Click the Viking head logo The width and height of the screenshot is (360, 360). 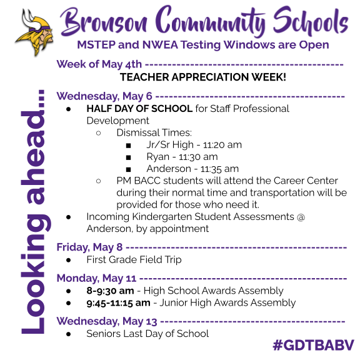click(x=34, y=32)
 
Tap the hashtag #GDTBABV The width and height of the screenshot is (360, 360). click(x=314, y=345)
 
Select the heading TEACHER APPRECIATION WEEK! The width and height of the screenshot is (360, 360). click(x=203, y=77)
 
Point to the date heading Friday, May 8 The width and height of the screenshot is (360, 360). click(x=89, y=247)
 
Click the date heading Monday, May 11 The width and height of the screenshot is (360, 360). click(x=96, y=278)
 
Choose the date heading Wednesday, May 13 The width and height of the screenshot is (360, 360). click(x=107, y=321)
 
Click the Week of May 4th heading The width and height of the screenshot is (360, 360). click(x=99, y=64)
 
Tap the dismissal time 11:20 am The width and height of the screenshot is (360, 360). click(x=222, y=145)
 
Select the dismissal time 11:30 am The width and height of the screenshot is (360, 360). click(x=198, y=157)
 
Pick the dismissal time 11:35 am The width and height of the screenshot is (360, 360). click(x=219, y=169)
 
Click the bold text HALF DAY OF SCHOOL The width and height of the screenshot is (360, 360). click(x=139, y=109)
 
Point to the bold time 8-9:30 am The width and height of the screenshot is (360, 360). click(x=110, y=291)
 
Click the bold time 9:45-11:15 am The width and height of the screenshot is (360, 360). click(x=119, y=303)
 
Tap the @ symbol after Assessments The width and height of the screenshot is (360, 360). click(x=301, y=217)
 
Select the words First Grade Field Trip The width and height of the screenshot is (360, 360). click(x=134, y=260)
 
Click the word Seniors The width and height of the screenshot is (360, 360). click(x=103, y=334)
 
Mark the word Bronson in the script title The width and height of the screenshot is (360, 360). click(x=104, y=23)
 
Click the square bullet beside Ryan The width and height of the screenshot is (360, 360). click(x=128, y=157)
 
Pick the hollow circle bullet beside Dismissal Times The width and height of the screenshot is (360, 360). click(x=99, y=133)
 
